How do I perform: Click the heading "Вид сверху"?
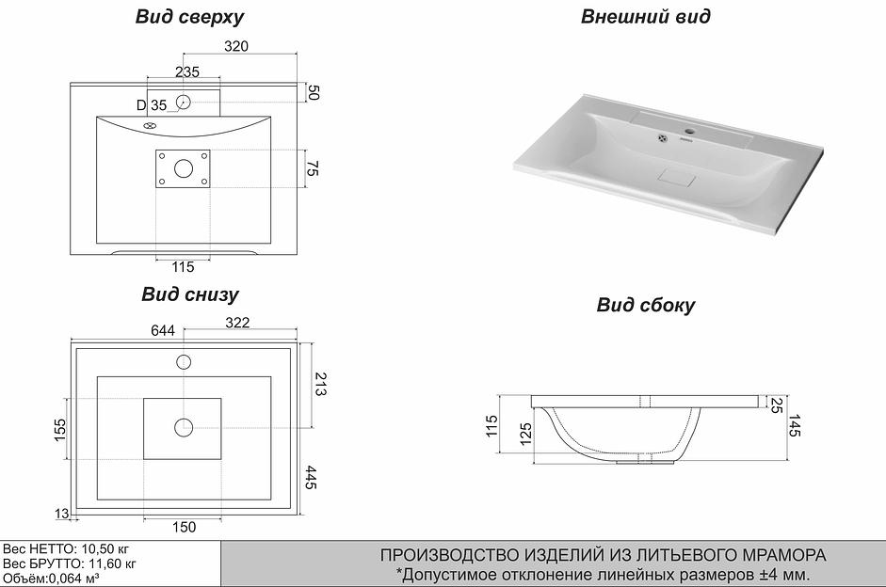189,17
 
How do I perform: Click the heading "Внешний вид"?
645,17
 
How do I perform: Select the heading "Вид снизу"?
189,294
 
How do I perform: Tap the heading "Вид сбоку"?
645,305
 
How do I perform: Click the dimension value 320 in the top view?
235,46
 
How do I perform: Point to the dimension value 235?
186,72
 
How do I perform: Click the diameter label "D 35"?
151,104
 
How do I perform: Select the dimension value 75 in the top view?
315,169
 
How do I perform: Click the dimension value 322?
237,324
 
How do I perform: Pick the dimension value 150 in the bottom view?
185,527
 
